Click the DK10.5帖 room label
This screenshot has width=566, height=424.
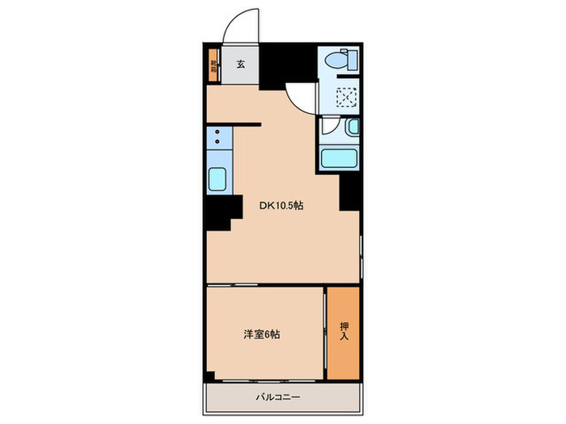pos(281,206)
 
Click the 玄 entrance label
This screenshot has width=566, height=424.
pos(241,65)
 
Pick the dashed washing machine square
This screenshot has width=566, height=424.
pos(347,97)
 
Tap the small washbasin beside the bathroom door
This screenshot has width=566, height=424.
pos(352,128)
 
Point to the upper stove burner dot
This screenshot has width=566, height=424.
pos(218,130)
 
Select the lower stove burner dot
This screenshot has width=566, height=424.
pos(218,141)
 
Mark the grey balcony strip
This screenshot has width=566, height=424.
pos(281,397)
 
